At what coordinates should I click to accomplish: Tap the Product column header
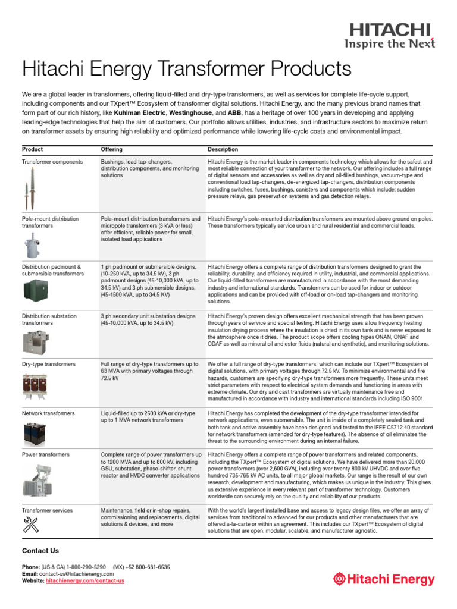pos(32,149)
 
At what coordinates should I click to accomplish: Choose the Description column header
pos(223,149)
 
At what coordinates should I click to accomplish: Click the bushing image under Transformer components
pos(27,187)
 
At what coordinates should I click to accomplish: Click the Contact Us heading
pos(40,551)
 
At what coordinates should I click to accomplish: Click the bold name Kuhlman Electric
pos(140,112)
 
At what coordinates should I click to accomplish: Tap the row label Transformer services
pos(47,510)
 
